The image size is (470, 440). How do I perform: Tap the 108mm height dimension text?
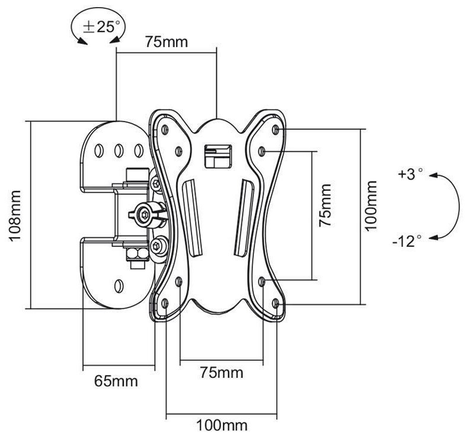tap(15, 215)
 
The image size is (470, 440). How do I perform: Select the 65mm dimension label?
tap(116, 381)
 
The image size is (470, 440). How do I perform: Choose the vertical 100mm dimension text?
tap(371, 206)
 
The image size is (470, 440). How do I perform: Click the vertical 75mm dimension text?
tap(325, 205)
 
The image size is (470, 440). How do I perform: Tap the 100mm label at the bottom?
tap(222, 425)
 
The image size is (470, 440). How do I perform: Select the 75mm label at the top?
tap(167, 42)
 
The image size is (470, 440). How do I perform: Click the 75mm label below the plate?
tap(222, 373)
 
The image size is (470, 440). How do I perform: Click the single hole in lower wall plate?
tap(119, 286)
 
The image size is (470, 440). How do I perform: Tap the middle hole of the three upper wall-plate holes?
tap(119, 150)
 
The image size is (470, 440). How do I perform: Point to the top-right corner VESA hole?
tap(276, 130)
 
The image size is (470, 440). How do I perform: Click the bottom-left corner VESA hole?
tap(165, 304)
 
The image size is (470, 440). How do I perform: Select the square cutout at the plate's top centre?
tap(218, 156)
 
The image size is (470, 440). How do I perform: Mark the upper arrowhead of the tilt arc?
tap(433, 176)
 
